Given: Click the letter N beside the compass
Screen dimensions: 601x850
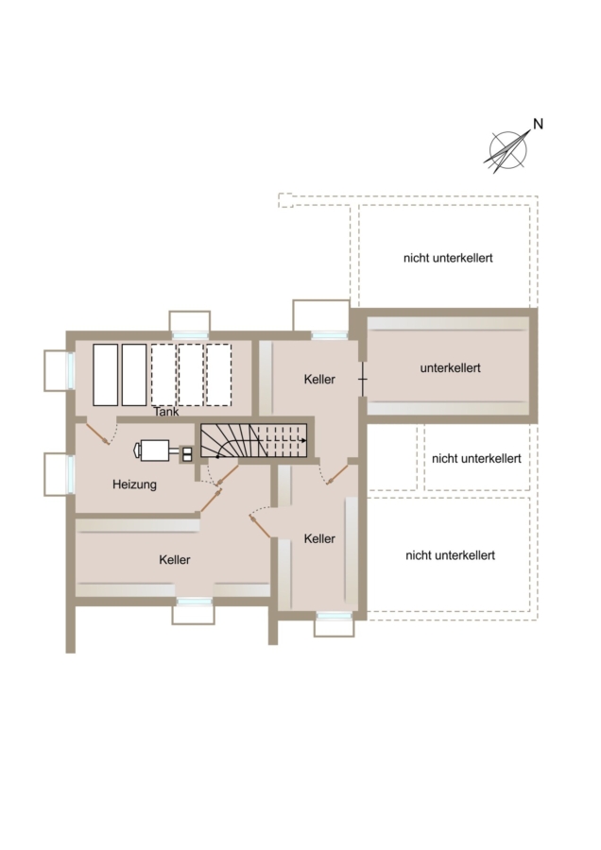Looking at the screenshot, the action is pos(538,124).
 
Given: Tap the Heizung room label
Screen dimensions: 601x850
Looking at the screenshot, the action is pos(134,484).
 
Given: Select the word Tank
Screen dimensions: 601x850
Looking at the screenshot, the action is pos(166,412).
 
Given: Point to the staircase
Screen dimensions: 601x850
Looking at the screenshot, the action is pos(254,440).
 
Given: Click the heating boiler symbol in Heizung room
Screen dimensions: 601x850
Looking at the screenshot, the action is pos(152,450).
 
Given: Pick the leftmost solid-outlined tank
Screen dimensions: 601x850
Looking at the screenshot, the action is pos(105,375).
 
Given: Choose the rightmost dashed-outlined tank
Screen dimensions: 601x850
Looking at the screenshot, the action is pos(218,375).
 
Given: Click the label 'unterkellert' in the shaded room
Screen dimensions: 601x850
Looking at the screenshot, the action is pos(450,368).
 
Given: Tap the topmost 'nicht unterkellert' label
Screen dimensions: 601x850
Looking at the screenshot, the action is pos(448,258).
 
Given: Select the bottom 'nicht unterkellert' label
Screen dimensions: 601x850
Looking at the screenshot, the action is pos(450,555).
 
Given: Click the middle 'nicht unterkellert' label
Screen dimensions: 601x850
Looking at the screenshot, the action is pos(476,459).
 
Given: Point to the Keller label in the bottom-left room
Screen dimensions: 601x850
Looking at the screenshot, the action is pos(175,559).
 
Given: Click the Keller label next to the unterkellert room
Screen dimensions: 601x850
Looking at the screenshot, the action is pos(319,379).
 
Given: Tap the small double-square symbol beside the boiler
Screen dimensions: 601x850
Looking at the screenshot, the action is pos(187,453).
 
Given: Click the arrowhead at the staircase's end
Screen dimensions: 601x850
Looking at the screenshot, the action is pos(303,440).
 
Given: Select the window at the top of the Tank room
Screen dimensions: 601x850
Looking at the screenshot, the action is pos(190,335).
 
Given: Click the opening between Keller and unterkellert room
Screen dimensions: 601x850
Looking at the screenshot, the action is pos(362,379).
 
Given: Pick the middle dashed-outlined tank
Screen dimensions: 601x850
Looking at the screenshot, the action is pos(191,375).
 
